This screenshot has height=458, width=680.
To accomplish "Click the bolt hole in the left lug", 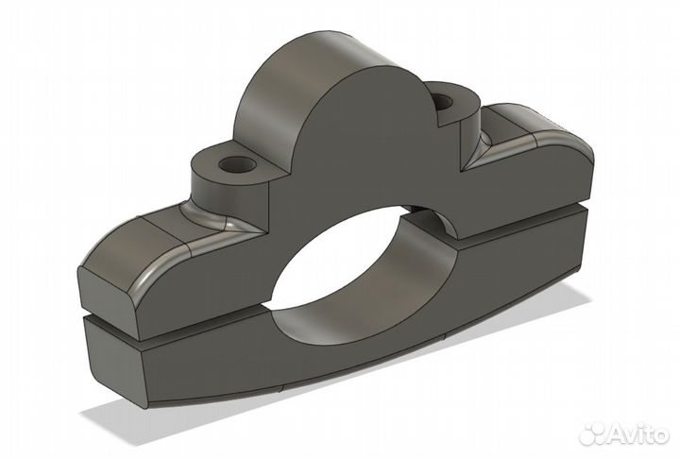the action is click(x=237, y=164).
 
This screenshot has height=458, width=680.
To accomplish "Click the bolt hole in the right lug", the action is click(x=442, y=102).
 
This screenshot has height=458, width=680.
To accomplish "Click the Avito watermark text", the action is click(x=637, y=433).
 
